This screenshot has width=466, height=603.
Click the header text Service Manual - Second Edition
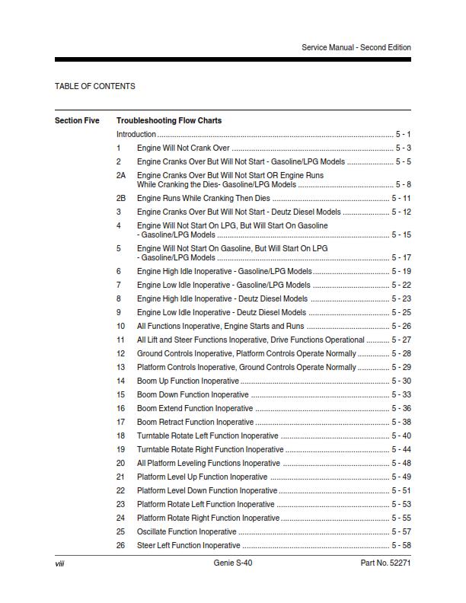pyautogui.click(x=356, y=47)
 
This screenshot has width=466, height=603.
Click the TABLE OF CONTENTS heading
pyautogui.click(x=95, y=86)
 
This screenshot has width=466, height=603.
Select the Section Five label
pyautogui.click(x=77, y=120)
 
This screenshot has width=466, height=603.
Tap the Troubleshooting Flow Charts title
pyautogui.click(x=169, y=120)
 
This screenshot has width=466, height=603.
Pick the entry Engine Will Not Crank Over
pyautogui.click(x=183, y=148)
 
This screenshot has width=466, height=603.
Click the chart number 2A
pyautogui.click(x=120, y=175)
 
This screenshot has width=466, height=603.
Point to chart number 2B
pyautogui.click(x=120, y=198)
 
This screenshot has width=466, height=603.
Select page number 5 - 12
pyautogui.click(x=401, y=212)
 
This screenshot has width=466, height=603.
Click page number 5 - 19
pyautogui.click(x=401, y=271)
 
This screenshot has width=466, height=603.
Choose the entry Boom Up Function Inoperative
pyautogui.click(x=187, y=381)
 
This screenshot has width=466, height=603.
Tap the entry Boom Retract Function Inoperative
pyautogui.click(x=195, y=422)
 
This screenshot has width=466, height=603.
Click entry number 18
pyautogui.click(x=120, y=435)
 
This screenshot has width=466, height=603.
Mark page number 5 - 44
pyautogui.click(x=401, y=449)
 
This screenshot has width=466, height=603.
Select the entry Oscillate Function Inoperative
pyautogui.click(x=187, y=531)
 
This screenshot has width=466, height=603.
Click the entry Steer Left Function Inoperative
pyautogui.click(x=188, y=545)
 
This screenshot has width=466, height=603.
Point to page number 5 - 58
pyautogui.click(x=401, y=545)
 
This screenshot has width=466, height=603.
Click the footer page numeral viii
pyautogui.click(x=59, y=563)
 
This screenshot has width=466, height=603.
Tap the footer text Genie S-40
pyautogui.click(x=233, y=563)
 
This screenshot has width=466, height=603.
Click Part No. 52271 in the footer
pyautogui.click(x=385, y=563)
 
